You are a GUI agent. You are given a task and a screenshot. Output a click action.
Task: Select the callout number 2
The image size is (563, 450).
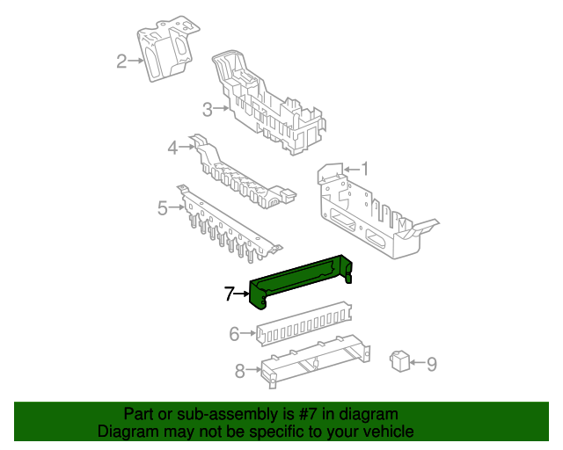(121, 61)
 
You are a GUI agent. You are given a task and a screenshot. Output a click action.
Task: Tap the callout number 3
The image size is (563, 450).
(208, 109)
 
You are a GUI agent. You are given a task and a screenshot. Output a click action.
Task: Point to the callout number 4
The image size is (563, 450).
(173, 147)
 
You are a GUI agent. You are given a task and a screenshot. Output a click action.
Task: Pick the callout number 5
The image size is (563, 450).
(163, 208)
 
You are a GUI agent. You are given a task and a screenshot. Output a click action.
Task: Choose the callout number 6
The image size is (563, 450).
(234, 333)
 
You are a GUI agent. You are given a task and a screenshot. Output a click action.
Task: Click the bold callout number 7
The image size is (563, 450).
(230, 294)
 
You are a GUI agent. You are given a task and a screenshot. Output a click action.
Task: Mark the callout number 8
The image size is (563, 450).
(240, 371)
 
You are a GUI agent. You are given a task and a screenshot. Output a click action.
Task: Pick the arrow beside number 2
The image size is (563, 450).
(136, 61)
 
